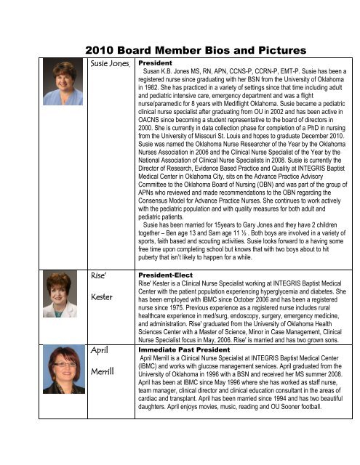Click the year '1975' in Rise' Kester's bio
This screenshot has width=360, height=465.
(x=183, y=311)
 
